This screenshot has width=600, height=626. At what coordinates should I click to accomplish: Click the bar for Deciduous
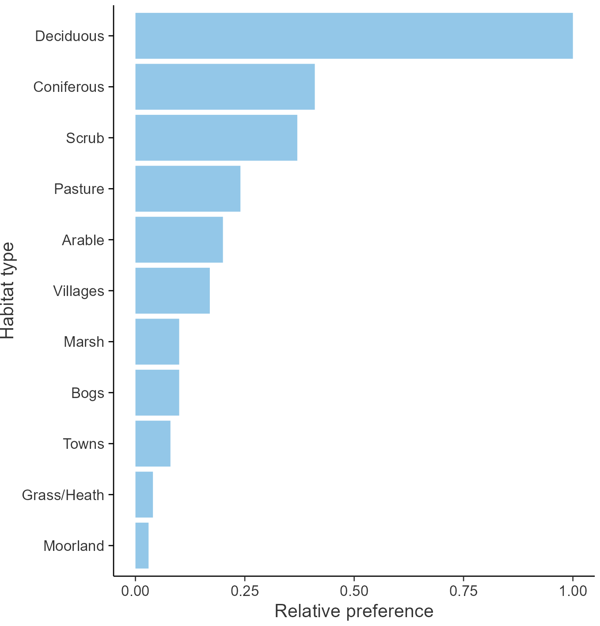point(353,36)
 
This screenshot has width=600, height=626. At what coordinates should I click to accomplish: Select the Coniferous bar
point(225,87)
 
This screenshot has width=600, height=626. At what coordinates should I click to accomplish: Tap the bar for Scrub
point(216,138)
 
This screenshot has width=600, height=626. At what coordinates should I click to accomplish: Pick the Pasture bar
point(188,189)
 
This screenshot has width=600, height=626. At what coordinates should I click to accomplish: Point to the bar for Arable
point(179,240)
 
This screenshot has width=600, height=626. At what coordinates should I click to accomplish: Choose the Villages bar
point(172,291)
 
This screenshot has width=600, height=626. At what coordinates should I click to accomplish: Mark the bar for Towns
point(152,444)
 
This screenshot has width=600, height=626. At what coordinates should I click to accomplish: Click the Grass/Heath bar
point(144,495)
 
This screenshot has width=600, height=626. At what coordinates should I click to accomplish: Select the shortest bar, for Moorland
point(142,546)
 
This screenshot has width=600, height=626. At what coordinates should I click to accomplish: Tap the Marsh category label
point(84,342)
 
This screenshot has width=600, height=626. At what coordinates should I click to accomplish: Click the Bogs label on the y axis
point(87,393)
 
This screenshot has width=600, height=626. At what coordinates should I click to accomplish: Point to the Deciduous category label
point(69,36)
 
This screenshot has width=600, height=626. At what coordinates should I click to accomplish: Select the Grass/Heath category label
point(63,495)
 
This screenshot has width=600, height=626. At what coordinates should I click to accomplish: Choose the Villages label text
point(79,291)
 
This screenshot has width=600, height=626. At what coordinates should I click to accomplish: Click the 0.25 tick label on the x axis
point(244,591)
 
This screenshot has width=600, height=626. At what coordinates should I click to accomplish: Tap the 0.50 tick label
point(354,591)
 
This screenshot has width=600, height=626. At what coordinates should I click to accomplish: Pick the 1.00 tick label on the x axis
point(573,591)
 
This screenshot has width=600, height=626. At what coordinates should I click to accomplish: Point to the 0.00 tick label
point(135,591)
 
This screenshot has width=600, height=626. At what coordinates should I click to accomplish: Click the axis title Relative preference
point(354,611)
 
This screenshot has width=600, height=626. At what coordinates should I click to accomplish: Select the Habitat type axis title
point(8,291)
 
